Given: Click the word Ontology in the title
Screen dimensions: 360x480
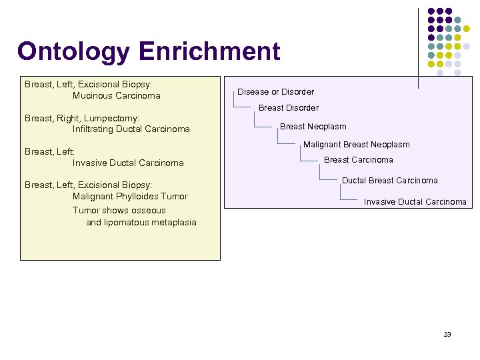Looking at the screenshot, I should click(74, 52).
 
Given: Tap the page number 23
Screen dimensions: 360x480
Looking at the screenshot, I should click(447, 334).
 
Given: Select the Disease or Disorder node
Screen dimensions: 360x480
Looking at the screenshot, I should click(275, 92).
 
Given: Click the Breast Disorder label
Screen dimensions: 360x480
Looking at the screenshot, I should click(289, 108).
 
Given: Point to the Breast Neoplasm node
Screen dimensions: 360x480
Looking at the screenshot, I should click(313, 127).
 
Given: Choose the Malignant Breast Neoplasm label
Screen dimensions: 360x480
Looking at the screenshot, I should click(357, 145).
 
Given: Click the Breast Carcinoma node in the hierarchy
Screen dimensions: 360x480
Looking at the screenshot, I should click(359, 160).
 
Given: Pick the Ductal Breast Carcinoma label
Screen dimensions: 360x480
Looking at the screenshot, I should click(390, 181).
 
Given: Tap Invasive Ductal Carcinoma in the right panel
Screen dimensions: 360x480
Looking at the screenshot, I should click(415, 202).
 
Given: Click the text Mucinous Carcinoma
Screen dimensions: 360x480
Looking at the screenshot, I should click(117, 96).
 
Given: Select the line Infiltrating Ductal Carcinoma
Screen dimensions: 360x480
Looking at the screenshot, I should click(131, 129).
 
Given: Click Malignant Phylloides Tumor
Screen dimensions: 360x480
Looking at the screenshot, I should click(130, 197).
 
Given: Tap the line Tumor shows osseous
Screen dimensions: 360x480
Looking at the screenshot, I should click(119, 211).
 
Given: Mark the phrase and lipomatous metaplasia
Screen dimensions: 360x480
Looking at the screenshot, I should click(141, 223).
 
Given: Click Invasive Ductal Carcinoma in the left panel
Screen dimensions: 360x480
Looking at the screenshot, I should click(128, 163).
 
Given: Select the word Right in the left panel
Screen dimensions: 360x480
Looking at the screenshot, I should click(67, 118).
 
